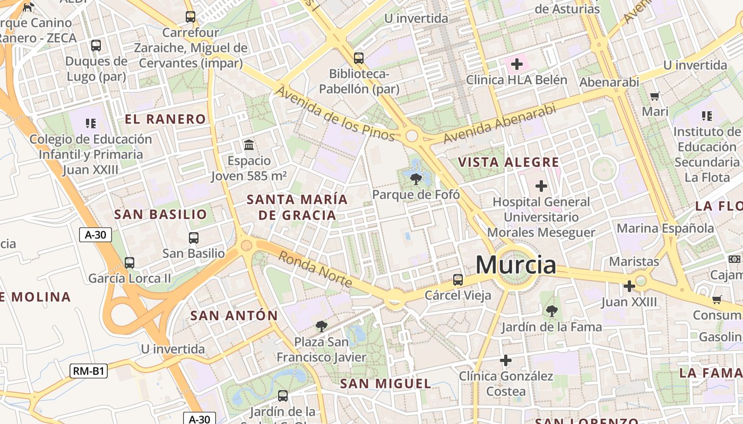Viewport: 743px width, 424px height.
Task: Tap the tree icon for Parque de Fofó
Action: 416,179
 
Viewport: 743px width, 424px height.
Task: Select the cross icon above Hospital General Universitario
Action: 541,186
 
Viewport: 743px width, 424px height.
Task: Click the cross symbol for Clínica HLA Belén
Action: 516,65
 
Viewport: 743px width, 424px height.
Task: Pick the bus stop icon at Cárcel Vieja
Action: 458,279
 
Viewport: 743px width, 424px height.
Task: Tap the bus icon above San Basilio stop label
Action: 194,238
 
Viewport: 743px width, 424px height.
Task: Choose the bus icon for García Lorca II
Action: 129,262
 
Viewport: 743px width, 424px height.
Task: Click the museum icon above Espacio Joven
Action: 248,145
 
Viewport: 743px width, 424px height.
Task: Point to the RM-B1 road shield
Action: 89,371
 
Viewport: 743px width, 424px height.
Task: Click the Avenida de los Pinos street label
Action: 335,114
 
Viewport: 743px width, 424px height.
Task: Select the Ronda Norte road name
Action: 315,269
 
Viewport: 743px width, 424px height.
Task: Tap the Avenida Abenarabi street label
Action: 499,123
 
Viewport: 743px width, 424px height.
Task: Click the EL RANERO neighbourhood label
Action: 165,119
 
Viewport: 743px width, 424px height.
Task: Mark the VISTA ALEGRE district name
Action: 508,162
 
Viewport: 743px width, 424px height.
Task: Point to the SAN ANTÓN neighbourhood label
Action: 234,316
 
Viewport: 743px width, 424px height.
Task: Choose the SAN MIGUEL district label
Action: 385,384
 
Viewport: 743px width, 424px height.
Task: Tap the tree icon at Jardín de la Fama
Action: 552,311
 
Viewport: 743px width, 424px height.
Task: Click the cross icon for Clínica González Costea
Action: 506,360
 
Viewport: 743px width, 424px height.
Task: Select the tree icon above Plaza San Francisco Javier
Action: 321,326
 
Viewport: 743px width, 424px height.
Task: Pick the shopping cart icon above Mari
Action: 655,96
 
